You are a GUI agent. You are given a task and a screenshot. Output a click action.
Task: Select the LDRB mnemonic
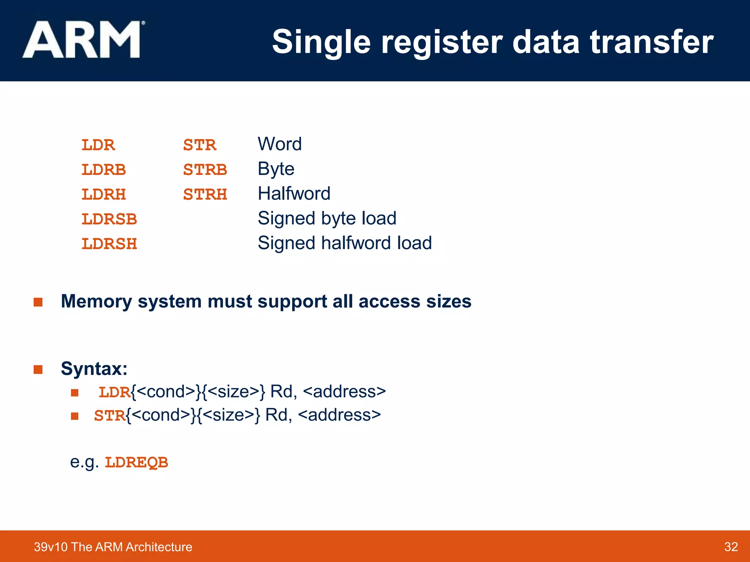(104, 170)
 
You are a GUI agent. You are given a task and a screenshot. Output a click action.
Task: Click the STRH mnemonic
(205, 194)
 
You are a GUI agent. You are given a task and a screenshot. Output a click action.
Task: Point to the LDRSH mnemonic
(109, 244)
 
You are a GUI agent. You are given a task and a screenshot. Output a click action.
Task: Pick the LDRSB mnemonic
(109, 219)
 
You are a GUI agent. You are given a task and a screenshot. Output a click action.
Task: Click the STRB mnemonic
(205, 170)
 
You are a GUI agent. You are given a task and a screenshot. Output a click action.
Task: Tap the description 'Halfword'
(294, 194)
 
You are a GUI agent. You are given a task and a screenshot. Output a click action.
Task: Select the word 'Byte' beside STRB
(276, 169)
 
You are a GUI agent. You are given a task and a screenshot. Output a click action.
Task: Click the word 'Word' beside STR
(280, 144)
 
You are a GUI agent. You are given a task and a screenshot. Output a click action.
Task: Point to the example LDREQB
(136, 462)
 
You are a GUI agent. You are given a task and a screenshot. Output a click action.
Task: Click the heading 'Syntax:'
(94, 368)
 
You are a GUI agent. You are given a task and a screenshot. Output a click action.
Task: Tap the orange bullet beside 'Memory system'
(38, 302)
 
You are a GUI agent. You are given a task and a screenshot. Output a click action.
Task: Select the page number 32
(731, 547)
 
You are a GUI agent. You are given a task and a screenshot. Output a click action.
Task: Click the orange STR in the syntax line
(109, 416)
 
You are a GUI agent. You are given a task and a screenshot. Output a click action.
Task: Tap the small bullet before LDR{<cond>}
(75, 393)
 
